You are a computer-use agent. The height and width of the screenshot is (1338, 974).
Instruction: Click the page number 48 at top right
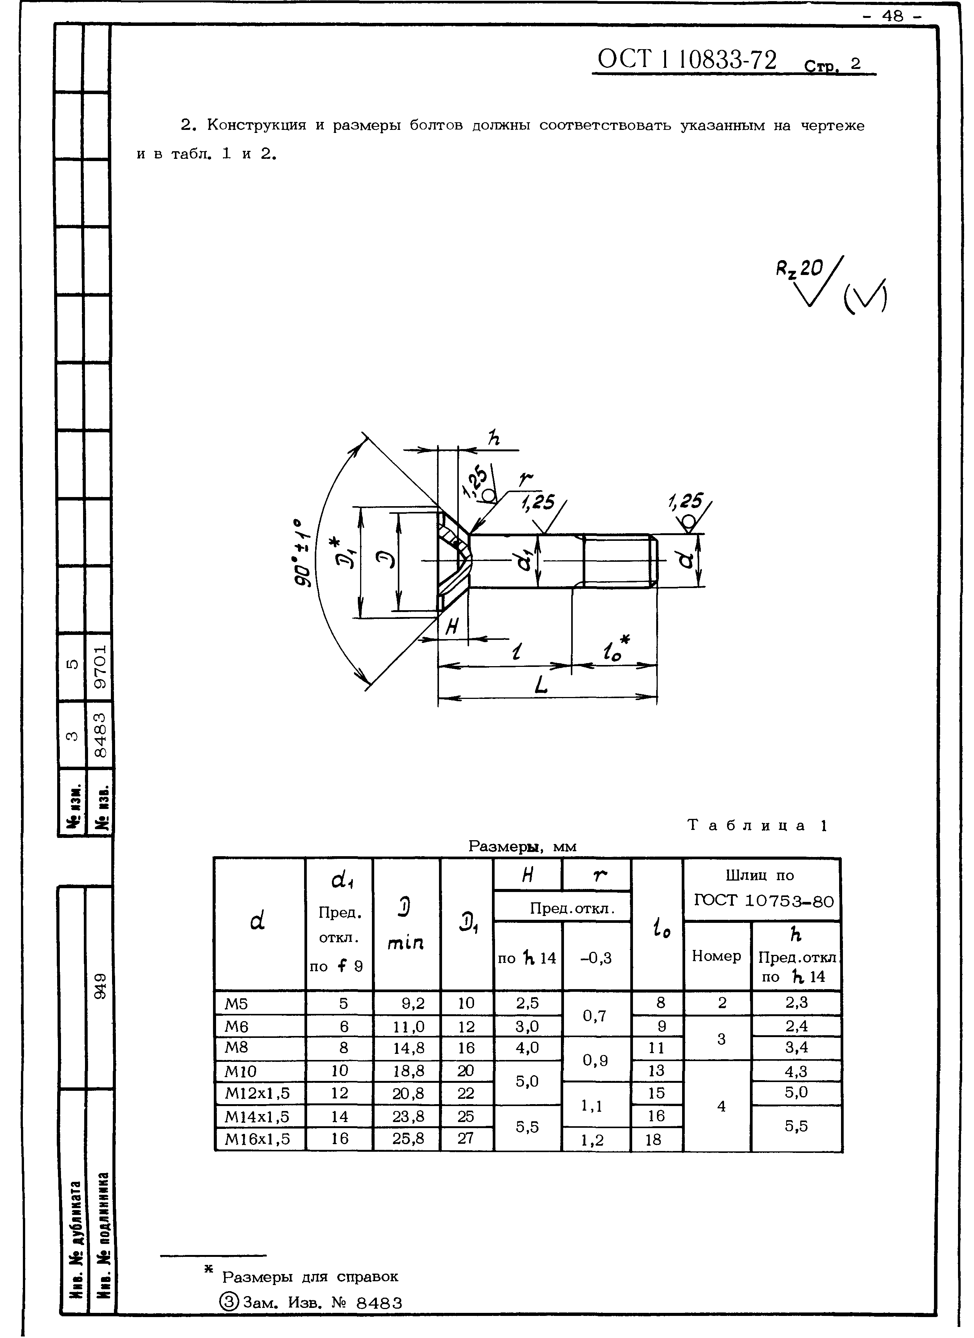tap(892, 16)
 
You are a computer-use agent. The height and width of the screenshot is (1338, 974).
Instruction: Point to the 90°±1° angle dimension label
tap(302, 553)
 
